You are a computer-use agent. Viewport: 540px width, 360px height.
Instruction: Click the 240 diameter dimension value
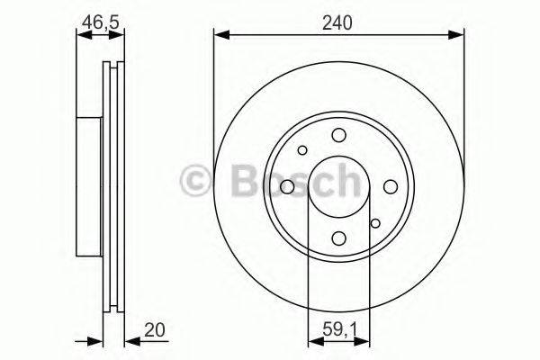[338, 22]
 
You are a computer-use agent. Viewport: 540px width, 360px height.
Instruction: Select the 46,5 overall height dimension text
[100, 22]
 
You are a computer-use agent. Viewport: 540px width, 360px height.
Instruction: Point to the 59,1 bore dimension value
[338, 329]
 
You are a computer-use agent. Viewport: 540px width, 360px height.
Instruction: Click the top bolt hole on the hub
[338, 135]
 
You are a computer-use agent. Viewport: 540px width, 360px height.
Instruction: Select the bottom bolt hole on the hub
[338, 238]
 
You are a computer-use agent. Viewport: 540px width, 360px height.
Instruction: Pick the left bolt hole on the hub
[287, 186]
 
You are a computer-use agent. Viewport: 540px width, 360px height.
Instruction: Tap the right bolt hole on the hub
[391, 186]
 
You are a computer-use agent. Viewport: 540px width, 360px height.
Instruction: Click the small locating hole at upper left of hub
[302, 150]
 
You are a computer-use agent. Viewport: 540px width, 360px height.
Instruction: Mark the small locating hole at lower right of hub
[374, 222]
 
